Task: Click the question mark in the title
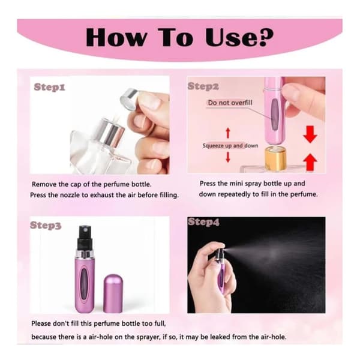263,37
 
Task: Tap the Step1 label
50,87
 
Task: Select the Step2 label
203,86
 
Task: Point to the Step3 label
46,226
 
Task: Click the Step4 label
203,222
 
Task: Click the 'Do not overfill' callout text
230,103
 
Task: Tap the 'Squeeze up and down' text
230,146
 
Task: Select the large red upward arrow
310,162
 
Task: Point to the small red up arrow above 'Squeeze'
228,133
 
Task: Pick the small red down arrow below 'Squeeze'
228,157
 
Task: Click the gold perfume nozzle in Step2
275,159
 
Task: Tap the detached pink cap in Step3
113,293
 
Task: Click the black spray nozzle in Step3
85,238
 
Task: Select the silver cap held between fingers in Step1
130,100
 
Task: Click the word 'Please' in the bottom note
41,323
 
